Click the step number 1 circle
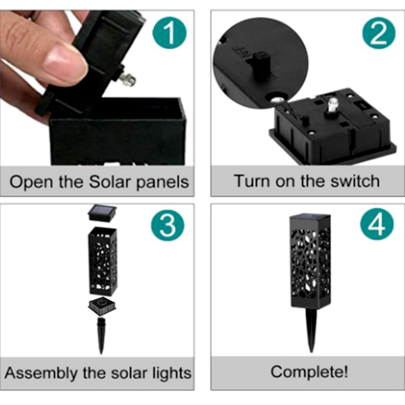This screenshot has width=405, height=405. tap(170, 32)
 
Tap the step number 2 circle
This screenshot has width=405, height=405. tap(379, 32)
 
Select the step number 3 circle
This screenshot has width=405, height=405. tap(168, 224)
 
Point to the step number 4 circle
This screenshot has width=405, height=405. tap(377, 224)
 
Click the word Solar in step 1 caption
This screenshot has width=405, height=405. tap(109, 182)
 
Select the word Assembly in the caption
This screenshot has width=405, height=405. tap(42, 374)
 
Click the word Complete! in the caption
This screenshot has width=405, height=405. tap(309, 372)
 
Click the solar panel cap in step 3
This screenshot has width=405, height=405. tap(102, 213)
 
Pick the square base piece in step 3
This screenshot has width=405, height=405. tap(102, 307)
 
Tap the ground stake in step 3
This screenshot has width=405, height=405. tap(101, 335)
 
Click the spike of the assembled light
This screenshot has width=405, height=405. tap(312, 330)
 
